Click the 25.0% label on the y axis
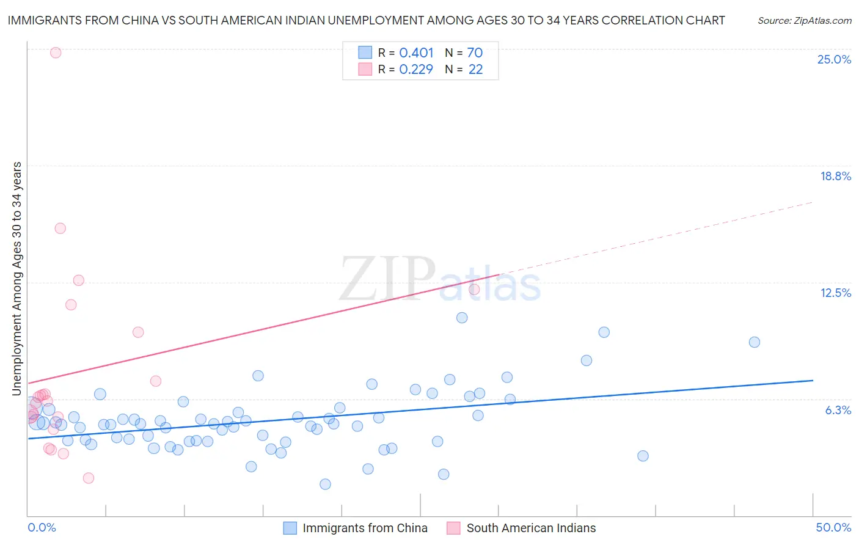tap(834, 59)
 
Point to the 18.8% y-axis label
tap(835, 176)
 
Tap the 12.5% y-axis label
tap(835, 293)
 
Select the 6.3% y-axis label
tap(838, 410)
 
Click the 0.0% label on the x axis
tap(42, 527)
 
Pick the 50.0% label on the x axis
tap(833, 527)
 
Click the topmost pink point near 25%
tap(56, 53)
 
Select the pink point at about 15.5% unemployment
tap(60, 229)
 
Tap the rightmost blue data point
tap(755, 342)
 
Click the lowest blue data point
tap(325, 485)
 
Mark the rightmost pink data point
tap(474, 290)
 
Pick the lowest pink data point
tap(89, 478)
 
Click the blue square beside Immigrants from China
tap(290, 528)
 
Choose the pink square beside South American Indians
tap(453, 528)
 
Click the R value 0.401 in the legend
tap(416, 53)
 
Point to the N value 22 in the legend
tap(475, 70)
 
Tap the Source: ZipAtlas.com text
tap(804, 21)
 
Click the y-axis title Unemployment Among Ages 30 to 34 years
tap(17, 278)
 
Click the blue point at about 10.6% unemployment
tap(462, 318)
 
